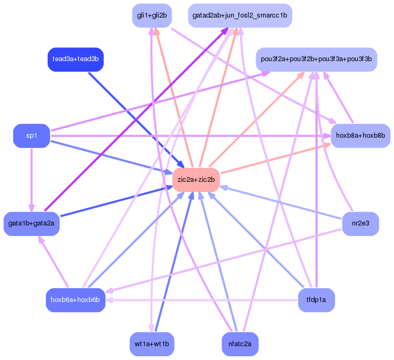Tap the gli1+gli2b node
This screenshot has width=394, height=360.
[x=152, y=15]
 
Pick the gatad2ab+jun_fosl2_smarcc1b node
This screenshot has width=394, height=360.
[x=240, y=15]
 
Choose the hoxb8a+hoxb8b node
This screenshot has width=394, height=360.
[x=360, y=136]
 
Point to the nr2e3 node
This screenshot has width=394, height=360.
[x=360, y=223]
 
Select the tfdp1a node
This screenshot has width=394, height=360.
[x=316, y=300]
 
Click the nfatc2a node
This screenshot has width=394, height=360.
[x=240, y=344]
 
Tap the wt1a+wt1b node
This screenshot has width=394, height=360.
[x=152, y=344]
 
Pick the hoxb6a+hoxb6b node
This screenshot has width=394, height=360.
[x=75, y=300]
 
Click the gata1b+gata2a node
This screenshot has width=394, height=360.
[x=31, y=223]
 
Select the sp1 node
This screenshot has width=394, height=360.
[x=31, y=136]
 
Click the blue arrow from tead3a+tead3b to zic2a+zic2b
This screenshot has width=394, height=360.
[x=133, y=118]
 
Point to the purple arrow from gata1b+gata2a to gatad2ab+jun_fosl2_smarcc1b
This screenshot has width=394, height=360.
[x=133, y=122]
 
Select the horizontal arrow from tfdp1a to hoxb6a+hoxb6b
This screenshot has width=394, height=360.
[x=202, y=300]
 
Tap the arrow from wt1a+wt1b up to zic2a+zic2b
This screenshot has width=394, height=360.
[x=174, y=263]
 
